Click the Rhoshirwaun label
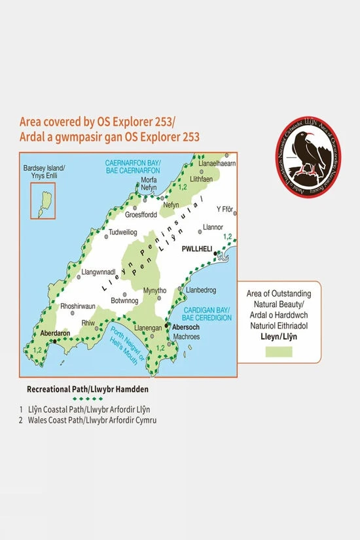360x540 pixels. coord(79,305)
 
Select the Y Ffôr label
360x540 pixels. coord(225,209)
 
